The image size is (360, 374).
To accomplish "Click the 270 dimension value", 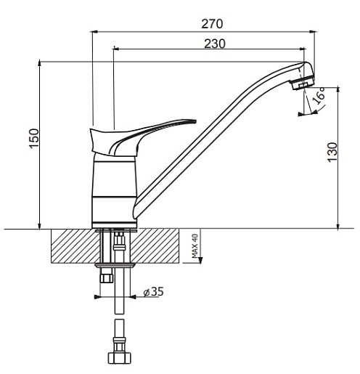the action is (212, 24).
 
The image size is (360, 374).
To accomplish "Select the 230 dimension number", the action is (215, 44).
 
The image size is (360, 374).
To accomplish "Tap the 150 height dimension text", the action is (34, 139).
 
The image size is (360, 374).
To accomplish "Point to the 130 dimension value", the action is (332, 153).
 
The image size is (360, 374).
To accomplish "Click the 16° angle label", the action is (319, 95).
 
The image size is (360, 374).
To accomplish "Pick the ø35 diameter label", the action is (153, 291).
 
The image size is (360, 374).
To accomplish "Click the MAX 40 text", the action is (195, 245).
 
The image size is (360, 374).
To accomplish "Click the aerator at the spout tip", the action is (303, 83).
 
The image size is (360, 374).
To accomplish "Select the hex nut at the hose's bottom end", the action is (120, 358).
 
